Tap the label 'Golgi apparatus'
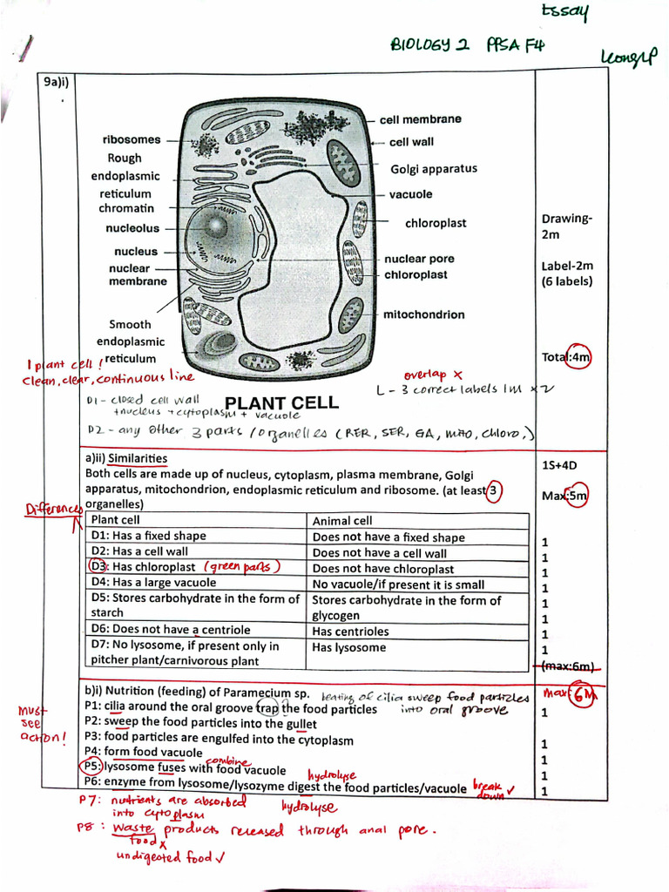[x=433, y=169]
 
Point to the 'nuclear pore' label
[x=419, y=259]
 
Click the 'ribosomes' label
[x=132, y=139]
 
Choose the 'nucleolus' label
[x=132, y=228]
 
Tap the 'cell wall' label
[x=411, y=142]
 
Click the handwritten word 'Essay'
[x=565, y=13]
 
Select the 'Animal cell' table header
[x=341, y=521]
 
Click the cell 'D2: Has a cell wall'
[x=139, y=551]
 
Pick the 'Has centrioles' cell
[x=350, y=632]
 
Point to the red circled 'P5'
[x=92, y=767]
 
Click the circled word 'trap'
[x=267, y=708]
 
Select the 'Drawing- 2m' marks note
[x=566, y=226]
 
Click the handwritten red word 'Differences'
[x=52, y=509]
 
